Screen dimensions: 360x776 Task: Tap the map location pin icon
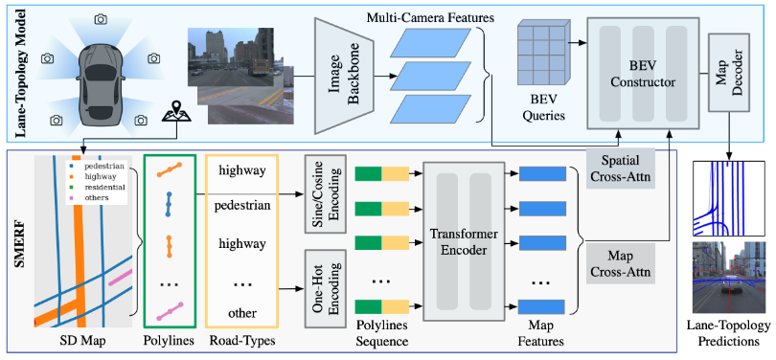[x=175, y=113]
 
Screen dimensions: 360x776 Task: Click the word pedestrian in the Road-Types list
[x=242, y=206]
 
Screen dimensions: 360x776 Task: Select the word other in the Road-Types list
[x=242, y=313]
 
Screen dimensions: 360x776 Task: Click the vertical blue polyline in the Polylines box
[x=169, y=203]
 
